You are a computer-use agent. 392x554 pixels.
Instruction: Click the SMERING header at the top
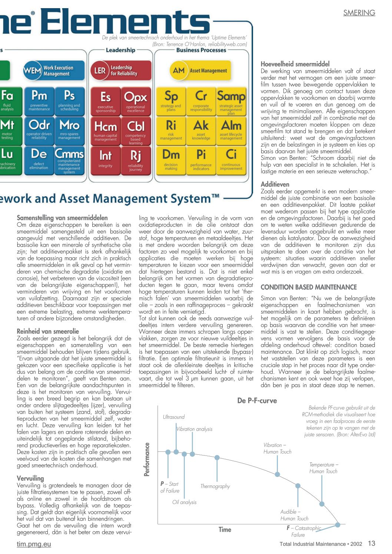pos(359,13)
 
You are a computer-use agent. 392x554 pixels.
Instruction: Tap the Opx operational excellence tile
pos(136,101)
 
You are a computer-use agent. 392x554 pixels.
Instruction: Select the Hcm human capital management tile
pos(106,130)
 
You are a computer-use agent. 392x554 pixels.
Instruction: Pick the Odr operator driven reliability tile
pos(39,130)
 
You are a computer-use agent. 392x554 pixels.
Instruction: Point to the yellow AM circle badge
pos(179,70)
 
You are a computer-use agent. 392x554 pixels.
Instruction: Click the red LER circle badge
pos(100,70)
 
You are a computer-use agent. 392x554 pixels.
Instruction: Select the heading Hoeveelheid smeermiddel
pos(295,64)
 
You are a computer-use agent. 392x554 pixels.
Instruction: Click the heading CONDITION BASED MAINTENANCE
pos(309,287)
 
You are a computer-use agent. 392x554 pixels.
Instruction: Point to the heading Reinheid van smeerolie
pos(48,331)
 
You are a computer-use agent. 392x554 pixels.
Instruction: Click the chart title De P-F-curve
pos(257,401)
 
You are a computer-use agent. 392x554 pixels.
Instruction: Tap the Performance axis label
pos(147,459)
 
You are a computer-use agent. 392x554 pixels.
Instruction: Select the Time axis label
pos(225,530)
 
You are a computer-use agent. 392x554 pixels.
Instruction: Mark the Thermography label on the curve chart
pos(215,486)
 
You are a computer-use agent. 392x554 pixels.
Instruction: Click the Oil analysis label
pos(184,502)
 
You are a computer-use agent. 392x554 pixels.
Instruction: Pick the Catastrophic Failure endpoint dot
pos(338,525)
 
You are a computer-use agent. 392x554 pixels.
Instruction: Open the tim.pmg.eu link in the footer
pos(34,544)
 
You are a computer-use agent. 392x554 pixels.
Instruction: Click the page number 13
pos(371,543)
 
